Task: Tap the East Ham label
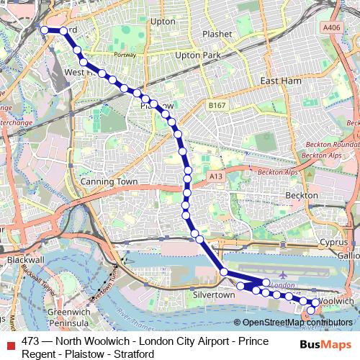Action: (281, 81)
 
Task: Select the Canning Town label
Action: (108, 182)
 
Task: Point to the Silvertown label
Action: (215, 295)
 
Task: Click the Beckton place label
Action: (301, 195)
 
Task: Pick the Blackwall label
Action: (25, 258)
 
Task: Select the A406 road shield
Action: (332, 27)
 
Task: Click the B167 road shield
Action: (217, 105)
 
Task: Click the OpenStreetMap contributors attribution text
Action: (297, 322)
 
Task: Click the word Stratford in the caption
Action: (134, 354)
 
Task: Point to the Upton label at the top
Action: (163, 22)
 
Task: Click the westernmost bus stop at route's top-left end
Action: (44, 30)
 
